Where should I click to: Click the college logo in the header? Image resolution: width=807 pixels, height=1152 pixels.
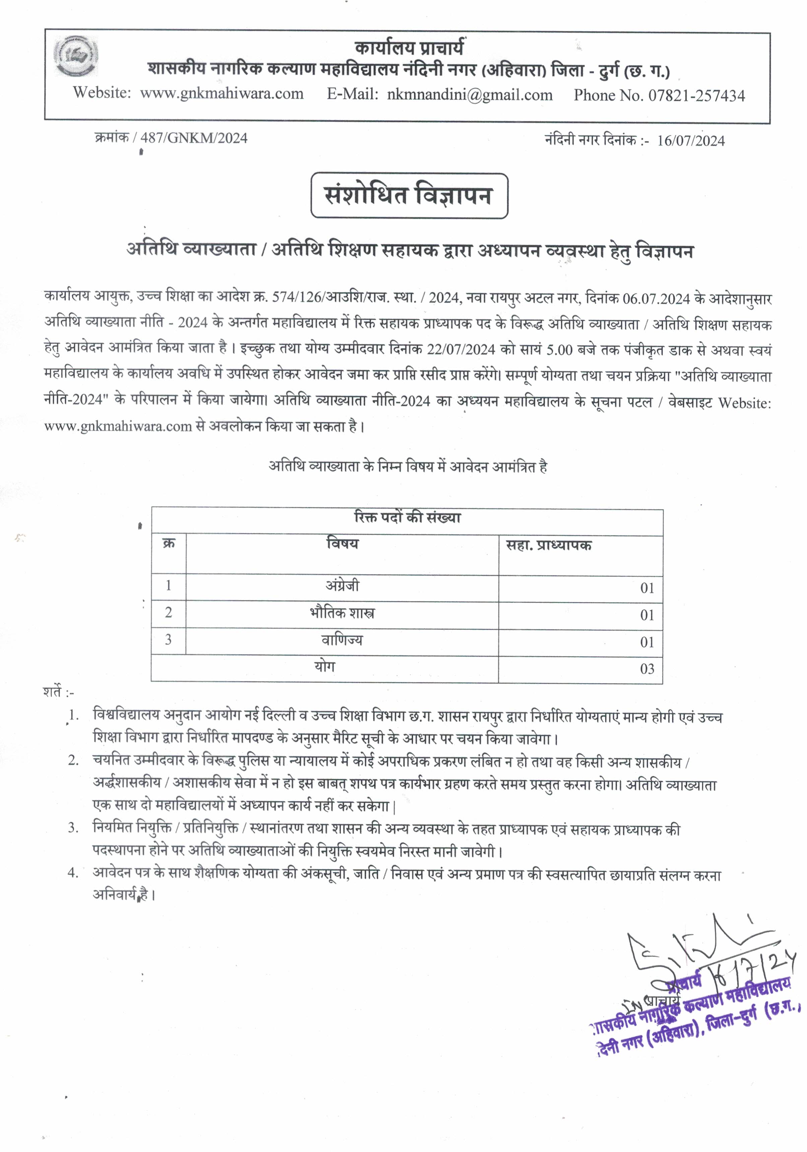point(76,56)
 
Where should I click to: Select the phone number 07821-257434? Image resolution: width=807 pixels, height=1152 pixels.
point(697,95)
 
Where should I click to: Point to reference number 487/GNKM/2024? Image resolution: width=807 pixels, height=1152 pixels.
point(194,138)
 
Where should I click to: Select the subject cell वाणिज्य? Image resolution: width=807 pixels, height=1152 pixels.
point(342,640)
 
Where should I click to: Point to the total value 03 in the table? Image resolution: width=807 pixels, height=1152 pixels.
point(647,669)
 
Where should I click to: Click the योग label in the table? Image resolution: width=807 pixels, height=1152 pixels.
point(325,667)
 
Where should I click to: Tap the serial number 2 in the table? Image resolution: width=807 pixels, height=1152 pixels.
point(169,613)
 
